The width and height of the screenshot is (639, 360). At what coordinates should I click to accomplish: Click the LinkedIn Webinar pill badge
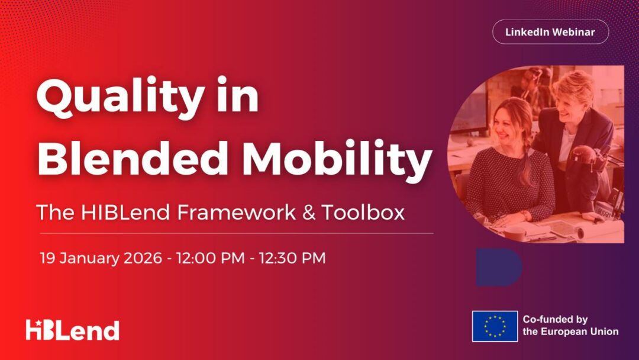point(551,32)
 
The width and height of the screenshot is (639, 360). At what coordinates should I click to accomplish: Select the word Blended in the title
point(133,158)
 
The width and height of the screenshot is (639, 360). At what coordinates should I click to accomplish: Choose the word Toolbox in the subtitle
point(363,213)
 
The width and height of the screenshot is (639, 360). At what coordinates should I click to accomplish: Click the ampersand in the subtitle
point(308,213)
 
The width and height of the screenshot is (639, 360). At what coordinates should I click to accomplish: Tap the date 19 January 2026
point(101,258)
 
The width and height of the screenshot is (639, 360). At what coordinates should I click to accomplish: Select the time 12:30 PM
point(292,258)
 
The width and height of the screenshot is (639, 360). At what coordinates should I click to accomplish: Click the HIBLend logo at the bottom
point(73,330)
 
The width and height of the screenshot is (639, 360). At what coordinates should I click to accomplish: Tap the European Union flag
point(495,326)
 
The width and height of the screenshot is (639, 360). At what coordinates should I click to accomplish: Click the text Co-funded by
point(555,319)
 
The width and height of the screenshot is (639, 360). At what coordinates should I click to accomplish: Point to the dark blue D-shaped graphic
point(498,267)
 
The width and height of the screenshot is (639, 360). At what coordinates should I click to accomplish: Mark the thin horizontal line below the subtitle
point(236,234)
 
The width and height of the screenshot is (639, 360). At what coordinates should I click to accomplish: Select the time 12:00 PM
point(210,258)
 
